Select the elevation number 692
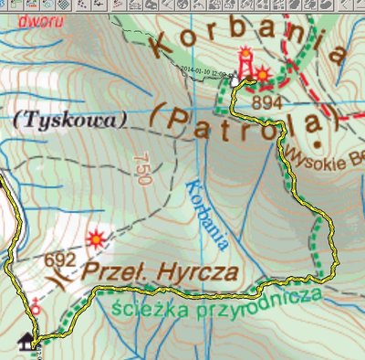55,259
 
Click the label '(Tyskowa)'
57,119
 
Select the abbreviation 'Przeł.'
115,271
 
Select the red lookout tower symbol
245,61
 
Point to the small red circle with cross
36,308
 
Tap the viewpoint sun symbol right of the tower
263,73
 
